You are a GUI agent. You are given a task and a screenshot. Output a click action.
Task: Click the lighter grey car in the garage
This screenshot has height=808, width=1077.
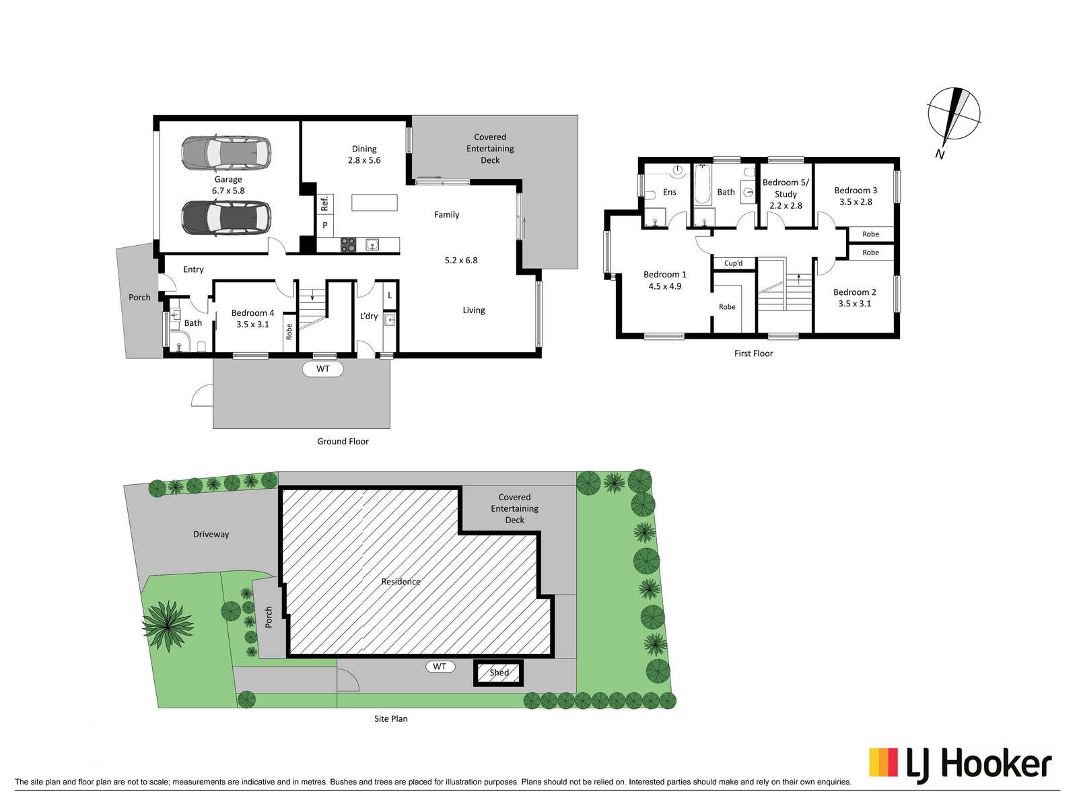[x=226, y=152]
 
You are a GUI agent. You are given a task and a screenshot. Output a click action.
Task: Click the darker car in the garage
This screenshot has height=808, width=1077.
[x=226, y=218]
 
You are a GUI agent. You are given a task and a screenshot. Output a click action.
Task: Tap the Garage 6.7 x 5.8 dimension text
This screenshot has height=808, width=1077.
[x=228, y=191]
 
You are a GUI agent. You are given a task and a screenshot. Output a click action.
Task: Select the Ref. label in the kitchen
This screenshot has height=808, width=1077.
[x=324, y=203]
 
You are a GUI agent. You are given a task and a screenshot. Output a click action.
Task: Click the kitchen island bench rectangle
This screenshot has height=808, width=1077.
[x=374, y=203]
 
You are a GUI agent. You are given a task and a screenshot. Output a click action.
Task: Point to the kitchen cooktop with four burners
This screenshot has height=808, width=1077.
[x=349, y=245]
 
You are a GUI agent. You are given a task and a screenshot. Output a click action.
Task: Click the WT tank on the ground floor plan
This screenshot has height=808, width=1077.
[x=323, y=369]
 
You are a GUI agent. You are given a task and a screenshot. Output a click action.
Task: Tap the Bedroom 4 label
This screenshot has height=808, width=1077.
[x=252, y=313]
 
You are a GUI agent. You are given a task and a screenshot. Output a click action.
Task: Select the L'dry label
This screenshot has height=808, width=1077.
[x=369, y=316]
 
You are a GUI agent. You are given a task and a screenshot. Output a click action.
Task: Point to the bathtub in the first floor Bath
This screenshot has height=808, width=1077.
[x=703, y=184]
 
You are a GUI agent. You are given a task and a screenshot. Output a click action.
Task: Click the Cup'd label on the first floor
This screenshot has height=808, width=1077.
[x=734, y=263]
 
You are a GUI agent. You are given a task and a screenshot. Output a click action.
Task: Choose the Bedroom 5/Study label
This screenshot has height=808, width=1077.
[x=786, y=189]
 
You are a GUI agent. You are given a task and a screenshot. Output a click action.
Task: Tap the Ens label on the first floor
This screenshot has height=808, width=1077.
[x=670, y=193]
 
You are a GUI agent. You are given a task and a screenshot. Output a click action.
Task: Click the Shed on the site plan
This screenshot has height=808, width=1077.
[x=499, y=673]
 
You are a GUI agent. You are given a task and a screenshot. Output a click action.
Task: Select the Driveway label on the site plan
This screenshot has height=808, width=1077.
[x=211, y=534]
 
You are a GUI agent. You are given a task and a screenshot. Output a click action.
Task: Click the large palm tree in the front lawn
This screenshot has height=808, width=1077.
[x=168, y=626]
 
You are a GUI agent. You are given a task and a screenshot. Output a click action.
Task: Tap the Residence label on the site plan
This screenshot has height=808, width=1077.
[x=401, y=582]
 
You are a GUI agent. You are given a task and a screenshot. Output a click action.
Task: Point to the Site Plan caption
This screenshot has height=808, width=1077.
[x=391, y=718]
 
